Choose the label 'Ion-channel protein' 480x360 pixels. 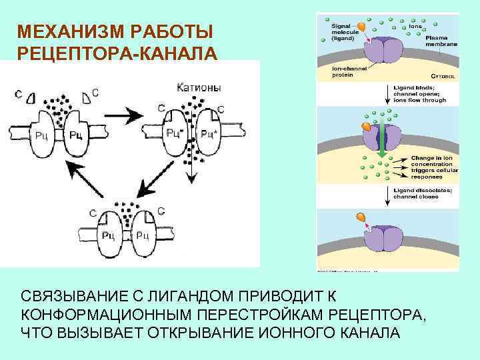pyautogui.click(x=347, y=72)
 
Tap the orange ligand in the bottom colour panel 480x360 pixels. pyautogui.click(x=360, y=217)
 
